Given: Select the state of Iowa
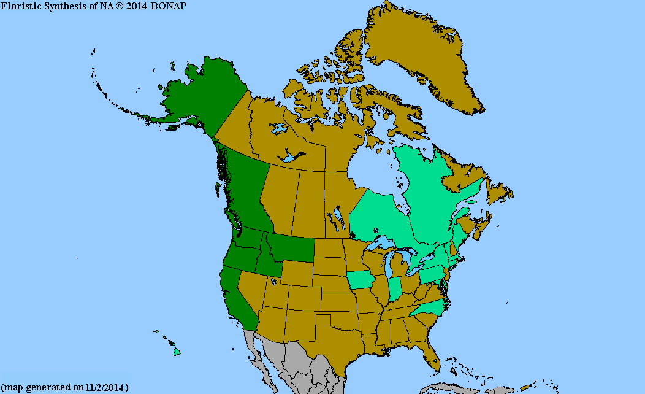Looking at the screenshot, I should click(x=363, y=280).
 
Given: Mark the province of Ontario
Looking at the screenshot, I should click(x=380, y=215).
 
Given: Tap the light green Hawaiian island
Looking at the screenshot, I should click(x=177, y=352).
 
